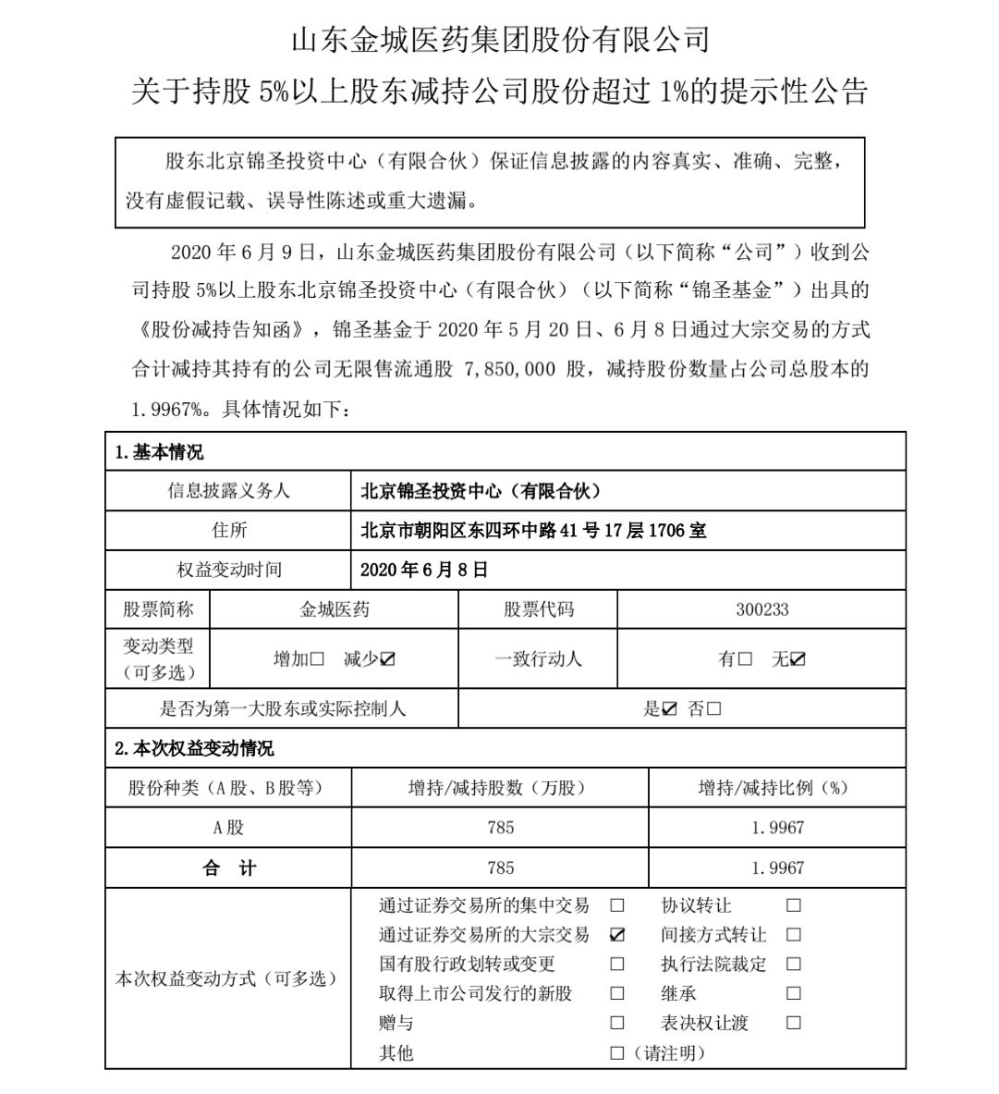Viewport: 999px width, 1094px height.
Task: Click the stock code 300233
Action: point(761,609)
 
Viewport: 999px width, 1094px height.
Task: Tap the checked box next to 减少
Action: point(388,659)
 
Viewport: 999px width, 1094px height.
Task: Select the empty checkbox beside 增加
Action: point(317,659)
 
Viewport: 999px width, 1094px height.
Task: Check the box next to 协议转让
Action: point(794,905)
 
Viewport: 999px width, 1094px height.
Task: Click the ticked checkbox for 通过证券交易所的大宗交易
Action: point(617,935)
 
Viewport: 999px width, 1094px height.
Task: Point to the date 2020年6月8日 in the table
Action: point(423,570)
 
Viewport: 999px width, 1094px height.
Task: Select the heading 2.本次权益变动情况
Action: point(194,748)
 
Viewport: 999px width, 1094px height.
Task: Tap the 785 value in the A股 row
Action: point(500,828)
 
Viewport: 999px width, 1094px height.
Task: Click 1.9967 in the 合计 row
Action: point(777,867)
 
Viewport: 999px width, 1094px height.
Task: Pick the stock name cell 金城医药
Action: point(335,609)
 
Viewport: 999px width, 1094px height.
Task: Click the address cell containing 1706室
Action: point(533,530)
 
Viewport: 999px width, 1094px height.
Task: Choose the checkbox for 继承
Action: point(794,994)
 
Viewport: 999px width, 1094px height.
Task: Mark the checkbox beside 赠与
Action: point(617,1024)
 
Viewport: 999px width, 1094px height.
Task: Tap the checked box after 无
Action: point(798,659)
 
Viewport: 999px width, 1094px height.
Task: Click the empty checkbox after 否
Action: point(713,709)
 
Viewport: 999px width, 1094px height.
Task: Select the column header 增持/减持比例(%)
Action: point(773,788)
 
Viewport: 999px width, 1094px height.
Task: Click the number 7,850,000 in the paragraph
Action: point(507,369)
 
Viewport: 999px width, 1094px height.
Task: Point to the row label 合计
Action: point(228,867)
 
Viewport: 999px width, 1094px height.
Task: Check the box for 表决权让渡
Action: point(794,1024)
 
